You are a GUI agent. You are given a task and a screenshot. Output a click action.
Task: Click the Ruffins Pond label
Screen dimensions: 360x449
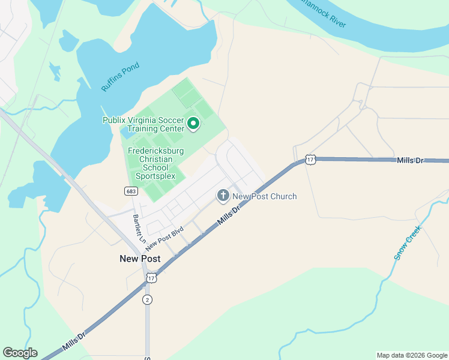(120, 77)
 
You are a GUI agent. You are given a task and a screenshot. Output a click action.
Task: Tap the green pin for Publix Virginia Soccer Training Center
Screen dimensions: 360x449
(193, 124)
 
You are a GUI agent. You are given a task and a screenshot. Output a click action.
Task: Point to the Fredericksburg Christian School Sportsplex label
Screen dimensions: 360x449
(155, 164)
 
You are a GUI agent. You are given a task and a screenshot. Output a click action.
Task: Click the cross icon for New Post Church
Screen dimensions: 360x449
(223, 196)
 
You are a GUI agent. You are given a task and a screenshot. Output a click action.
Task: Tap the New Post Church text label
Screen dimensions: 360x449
(264, 196)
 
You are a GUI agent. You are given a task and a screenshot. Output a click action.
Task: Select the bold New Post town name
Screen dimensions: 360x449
(140, 259)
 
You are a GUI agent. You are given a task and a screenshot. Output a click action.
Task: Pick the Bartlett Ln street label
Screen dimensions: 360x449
(139, 228)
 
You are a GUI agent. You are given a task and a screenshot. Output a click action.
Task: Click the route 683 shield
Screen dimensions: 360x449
(131, 191)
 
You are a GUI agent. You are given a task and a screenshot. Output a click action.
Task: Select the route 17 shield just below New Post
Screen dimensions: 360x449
(151, 278)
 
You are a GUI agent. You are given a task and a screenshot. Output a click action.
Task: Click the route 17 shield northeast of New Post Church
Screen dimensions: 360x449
(310, 160)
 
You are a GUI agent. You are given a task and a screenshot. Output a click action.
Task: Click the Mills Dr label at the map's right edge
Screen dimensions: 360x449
(410, 160)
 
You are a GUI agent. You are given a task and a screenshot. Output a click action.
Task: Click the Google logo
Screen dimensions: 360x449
(20, 353)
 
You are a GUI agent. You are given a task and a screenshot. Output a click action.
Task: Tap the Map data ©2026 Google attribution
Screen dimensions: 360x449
(412, 355)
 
